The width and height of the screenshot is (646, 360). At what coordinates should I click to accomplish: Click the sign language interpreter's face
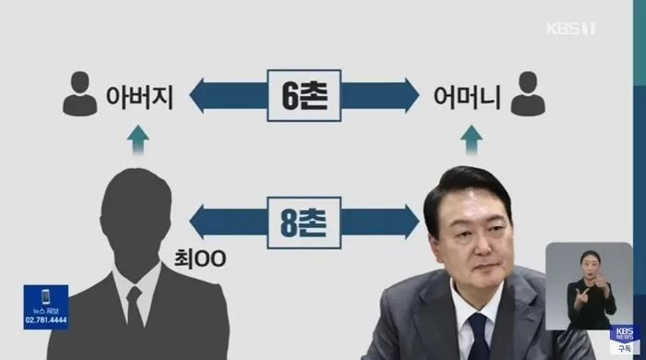tap(587, 263)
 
